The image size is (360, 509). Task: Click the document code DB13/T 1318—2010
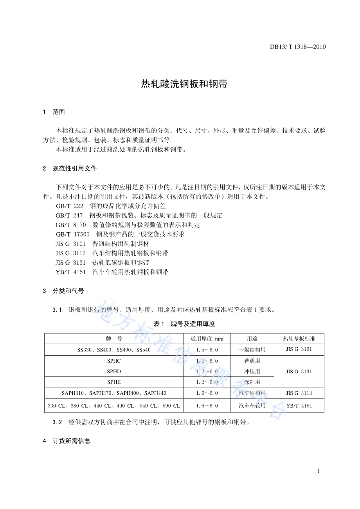297,47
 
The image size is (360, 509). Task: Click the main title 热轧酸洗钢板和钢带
184,84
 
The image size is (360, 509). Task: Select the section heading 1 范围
54,112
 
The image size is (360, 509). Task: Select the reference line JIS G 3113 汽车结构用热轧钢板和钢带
112,253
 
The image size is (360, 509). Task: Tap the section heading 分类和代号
68,291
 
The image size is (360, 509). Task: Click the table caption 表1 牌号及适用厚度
184,324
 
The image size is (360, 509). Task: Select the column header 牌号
114,339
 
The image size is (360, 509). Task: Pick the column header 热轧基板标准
299,339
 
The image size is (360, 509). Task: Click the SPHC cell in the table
114,361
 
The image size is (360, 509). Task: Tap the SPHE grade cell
114,382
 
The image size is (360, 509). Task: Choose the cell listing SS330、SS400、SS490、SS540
114,349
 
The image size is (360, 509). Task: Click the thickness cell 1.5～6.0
207,349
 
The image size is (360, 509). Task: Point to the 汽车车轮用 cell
252,406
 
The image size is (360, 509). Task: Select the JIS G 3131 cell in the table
299,371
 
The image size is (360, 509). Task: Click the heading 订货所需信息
72,441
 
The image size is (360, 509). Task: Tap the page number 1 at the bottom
319,471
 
